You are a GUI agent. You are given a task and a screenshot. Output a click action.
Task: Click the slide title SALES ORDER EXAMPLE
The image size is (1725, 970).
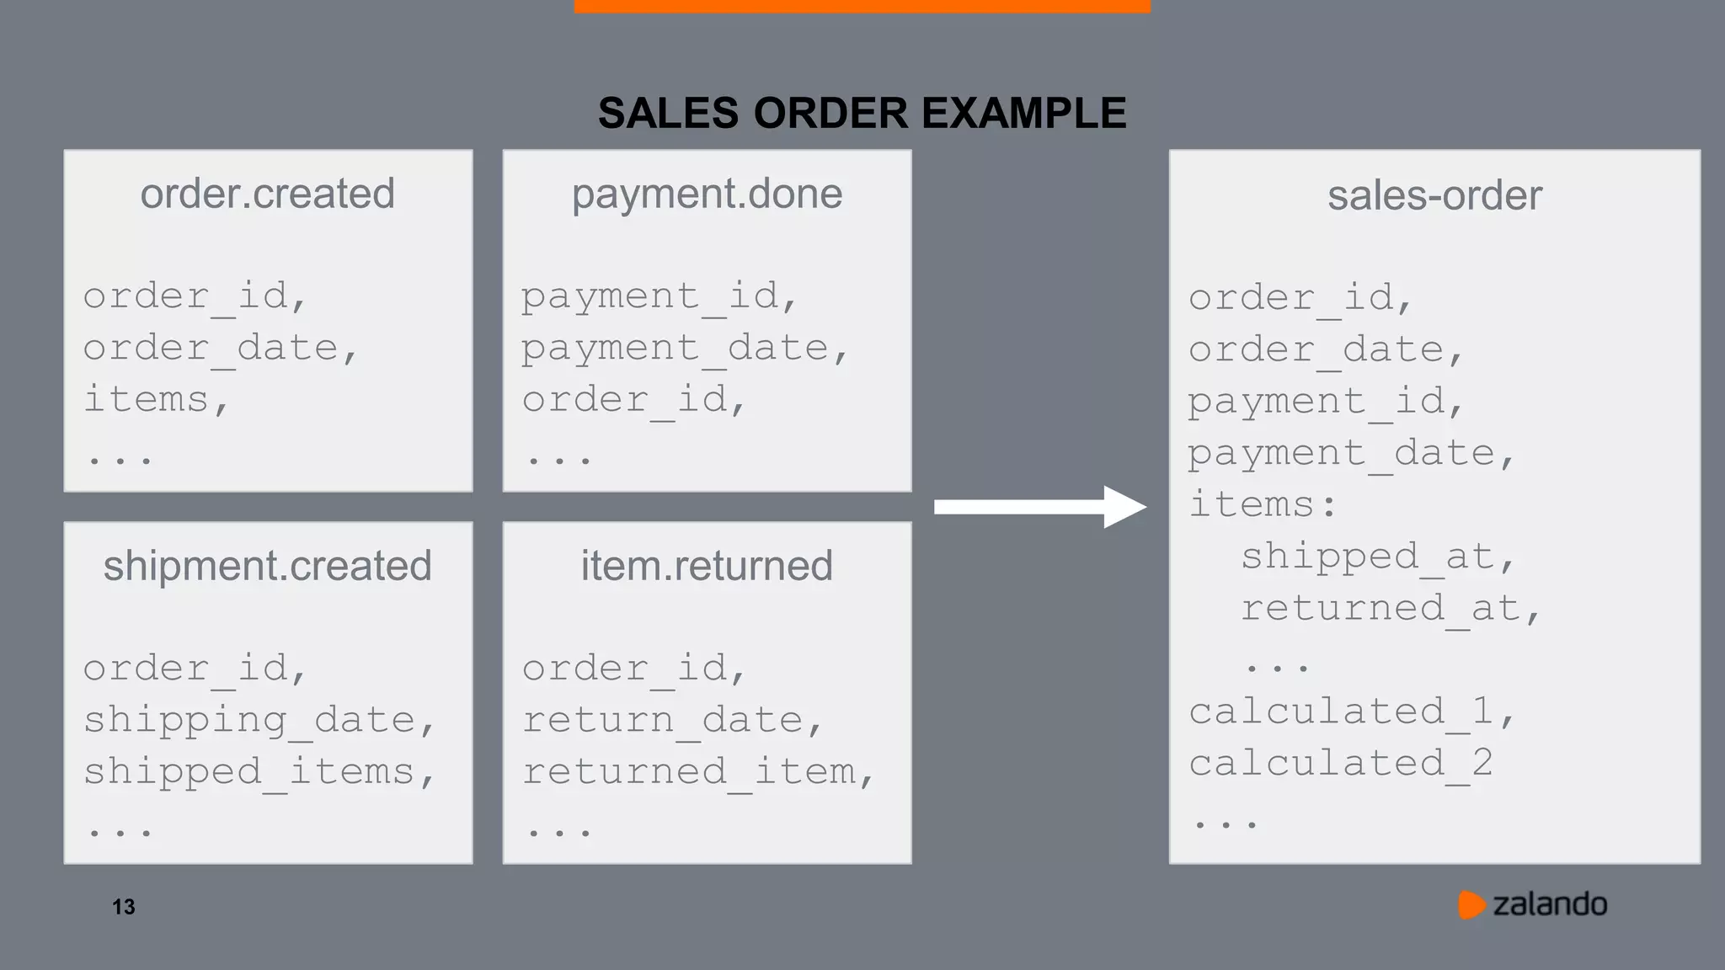coord(862,113)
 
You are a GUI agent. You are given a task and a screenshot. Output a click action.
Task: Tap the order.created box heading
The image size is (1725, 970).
coord(267,194)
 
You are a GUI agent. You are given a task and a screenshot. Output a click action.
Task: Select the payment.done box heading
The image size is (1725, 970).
coord(707,194)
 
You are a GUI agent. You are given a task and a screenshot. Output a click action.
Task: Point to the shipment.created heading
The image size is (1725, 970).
coord(267,566)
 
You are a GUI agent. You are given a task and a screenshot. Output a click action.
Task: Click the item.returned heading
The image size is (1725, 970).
coord(707,566)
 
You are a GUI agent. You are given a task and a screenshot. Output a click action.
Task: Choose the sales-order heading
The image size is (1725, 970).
coord(1434,195)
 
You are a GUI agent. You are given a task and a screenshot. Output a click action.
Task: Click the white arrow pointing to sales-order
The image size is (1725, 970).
coord(1040,507)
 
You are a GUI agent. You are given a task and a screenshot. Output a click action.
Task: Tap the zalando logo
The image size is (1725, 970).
coord(1533,904)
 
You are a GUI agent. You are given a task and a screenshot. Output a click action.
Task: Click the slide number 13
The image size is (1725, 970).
coord(124,907)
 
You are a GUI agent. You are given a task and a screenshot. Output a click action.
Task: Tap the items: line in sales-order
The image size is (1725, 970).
coord(1262,505)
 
